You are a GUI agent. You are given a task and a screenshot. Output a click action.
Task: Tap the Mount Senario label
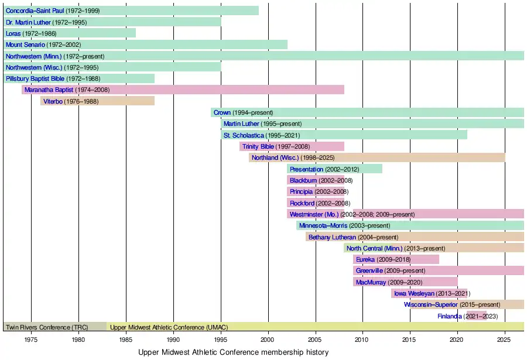click(x=25, y=44)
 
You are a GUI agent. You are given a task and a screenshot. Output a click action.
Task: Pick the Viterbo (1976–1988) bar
click(x=97, y=101)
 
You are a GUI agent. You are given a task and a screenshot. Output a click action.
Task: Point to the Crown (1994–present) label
click(x=222, y=112)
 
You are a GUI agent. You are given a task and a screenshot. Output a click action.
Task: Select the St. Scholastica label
click(x=243, y=135)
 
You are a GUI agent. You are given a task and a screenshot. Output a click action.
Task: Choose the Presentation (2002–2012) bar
click(x=334, y=169)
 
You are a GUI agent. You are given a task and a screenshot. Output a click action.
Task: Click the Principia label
click(x=301, y=191)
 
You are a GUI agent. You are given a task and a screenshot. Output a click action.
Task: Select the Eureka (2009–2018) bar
click(x=396, y=259)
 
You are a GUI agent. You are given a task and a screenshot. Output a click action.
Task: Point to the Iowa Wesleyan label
click(x=413, y=293)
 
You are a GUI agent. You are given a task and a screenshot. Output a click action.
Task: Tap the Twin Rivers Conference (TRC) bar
click(x=55, y=327)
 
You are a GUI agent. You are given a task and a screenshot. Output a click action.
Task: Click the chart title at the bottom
click(x=233, y=352)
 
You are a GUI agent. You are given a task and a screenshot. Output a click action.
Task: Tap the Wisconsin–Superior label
click(x=430, y=304)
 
